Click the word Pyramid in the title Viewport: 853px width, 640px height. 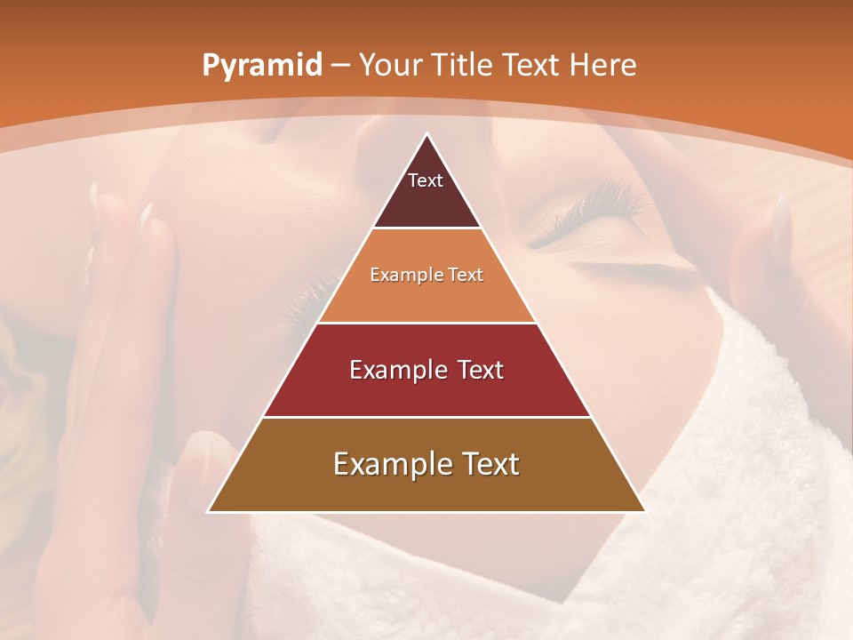coord(261,66)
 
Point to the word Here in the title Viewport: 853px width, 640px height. coord(603,66)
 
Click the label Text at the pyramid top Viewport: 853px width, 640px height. coord(426,180)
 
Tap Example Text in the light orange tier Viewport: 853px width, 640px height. coord(426,275)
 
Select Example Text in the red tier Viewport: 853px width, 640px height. coord(426,370)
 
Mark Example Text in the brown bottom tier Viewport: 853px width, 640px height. coord(426,464)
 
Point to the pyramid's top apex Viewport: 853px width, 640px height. coord(427,135)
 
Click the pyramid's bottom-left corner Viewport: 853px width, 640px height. coord(209,511)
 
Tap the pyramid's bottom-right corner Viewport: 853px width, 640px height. coord(644,511)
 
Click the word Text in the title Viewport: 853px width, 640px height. coord(532,66)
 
